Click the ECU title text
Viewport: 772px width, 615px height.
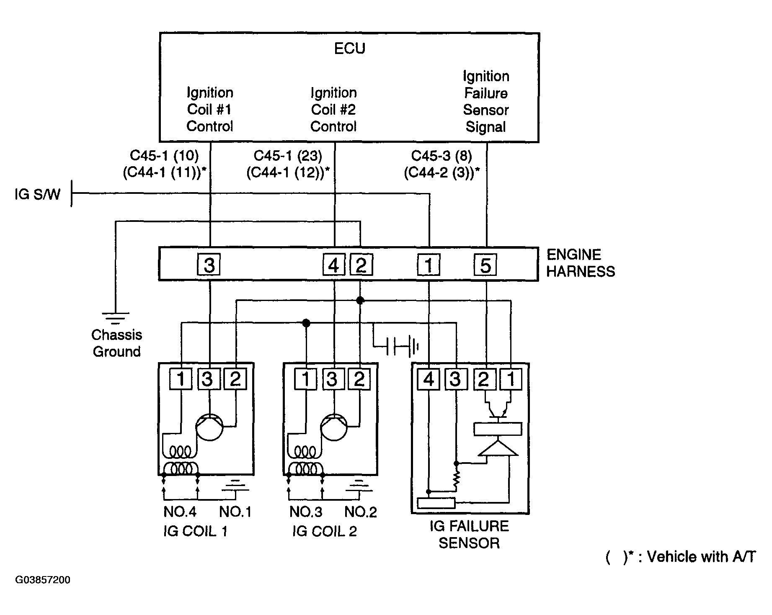coord(349,49)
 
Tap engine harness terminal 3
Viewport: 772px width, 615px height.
coord(209,265)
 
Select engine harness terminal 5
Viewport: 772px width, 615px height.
coord(485,265)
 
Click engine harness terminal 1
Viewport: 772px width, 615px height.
coord(429,265)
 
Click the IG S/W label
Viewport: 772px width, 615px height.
coord(37,194)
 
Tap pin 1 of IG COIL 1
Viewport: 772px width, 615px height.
coord(181,379)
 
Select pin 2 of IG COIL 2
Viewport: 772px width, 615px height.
coord(359,379)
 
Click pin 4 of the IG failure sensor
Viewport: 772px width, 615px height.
coord(429,379)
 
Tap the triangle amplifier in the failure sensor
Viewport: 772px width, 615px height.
coord(498,448)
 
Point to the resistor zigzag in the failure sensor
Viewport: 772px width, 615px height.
coord(456,481)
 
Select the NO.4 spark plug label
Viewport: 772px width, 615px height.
coord(180,512)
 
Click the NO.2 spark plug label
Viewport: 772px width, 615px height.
coord(361,512)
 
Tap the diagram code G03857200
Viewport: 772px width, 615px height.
coord(43,580)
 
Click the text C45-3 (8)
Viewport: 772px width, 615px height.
coord(442,156)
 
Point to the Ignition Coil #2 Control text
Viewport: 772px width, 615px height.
coord(333,109)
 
